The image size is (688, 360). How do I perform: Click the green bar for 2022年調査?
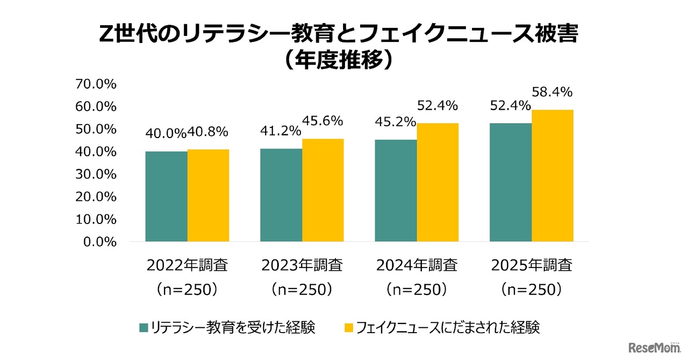[167, 197]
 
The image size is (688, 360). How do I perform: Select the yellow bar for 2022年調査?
[209, 196]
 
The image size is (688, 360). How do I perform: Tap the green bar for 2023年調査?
[281, 195]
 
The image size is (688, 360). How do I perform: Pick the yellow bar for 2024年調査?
[438, 183]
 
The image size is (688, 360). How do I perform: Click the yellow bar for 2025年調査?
[553, 176]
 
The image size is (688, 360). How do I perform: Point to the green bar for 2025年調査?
[511, 183]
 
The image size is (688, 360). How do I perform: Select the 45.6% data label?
[322, 121]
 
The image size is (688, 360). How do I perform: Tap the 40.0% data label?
[166, 133]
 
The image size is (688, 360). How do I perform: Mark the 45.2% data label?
[396, 123]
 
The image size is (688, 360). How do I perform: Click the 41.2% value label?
[281, 131]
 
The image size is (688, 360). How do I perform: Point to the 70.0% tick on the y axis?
[97, 84]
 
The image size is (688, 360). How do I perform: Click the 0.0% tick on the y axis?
[100, 242]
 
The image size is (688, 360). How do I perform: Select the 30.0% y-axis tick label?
[97, 174]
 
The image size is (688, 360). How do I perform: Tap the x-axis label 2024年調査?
[417, 265]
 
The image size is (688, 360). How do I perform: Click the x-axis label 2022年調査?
[187, 265]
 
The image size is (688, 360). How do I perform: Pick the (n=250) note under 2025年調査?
[531, 290]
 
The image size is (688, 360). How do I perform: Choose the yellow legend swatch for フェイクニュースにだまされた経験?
[349, 328]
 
